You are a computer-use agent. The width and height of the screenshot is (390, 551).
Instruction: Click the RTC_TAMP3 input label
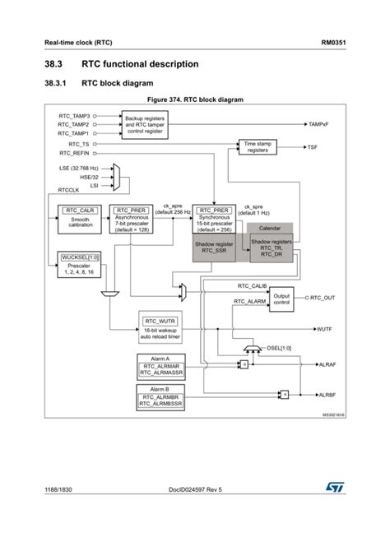click(x=74, y=117)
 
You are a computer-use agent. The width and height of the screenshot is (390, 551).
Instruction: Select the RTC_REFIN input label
click(x=74, y=153)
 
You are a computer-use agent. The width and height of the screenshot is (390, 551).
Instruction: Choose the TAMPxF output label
click(x=318, y=124)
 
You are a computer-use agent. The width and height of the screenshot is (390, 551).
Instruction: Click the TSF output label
click(x=312, y=147)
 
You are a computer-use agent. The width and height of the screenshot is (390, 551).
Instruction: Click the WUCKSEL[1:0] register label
click(x=80, y=257)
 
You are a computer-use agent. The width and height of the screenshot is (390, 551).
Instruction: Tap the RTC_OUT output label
click(x=323, y=298)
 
